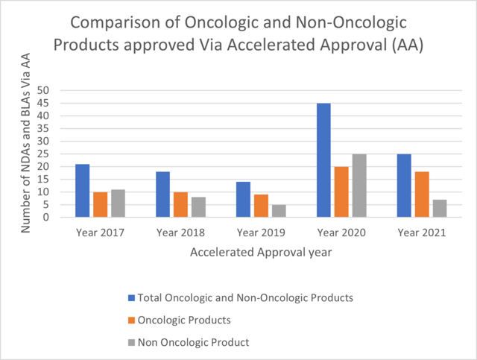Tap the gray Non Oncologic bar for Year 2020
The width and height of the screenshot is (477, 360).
359,186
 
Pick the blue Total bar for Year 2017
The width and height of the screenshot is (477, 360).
82,191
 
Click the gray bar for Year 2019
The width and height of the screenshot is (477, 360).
279,211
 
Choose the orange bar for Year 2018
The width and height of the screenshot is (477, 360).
180,205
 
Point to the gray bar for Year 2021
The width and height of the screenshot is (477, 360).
440,209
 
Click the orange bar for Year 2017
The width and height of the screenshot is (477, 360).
100,205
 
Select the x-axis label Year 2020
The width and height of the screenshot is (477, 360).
341,233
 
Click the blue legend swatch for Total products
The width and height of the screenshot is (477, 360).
132,297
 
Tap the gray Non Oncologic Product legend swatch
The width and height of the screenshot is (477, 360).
132,342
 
